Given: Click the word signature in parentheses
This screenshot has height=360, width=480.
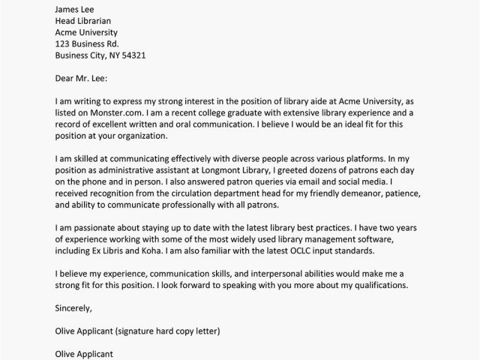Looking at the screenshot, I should pos(161,330).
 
